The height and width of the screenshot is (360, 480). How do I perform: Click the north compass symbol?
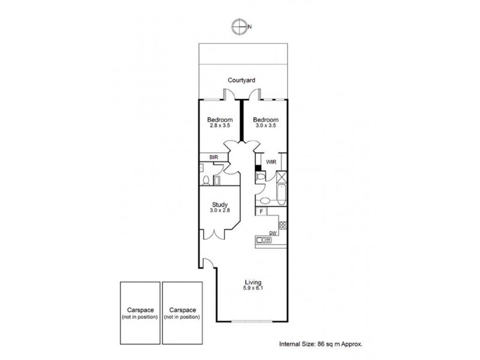[x=240, y=26]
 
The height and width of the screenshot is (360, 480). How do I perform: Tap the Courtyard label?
[x=242, y=80]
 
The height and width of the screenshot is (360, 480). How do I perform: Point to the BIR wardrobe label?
[x=213, y=158]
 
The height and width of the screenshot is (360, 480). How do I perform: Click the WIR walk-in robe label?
[x=272, y=161]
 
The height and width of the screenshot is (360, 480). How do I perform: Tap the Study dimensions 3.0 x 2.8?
[x=220, y=211]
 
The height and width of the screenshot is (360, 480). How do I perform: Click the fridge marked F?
[x=261, y=211]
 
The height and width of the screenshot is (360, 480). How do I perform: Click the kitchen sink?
[x=263, y=241]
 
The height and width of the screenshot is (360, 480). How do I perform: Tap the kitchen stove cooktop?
[x=283, y=225]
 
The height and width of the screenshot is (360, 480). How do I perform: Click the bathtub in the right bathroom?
[x=281, y=197]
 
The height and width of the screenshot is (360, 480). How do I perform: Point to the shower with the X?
[x=282, y=178]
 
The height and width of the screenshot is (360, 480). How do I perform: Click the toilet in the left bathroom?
[x=205, y=180]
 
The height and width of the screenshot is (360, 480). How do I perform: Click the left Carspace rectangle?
[x=139, y=313]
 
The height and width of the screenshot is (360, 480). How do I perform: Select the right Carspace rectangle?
[x=181, y=313]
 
